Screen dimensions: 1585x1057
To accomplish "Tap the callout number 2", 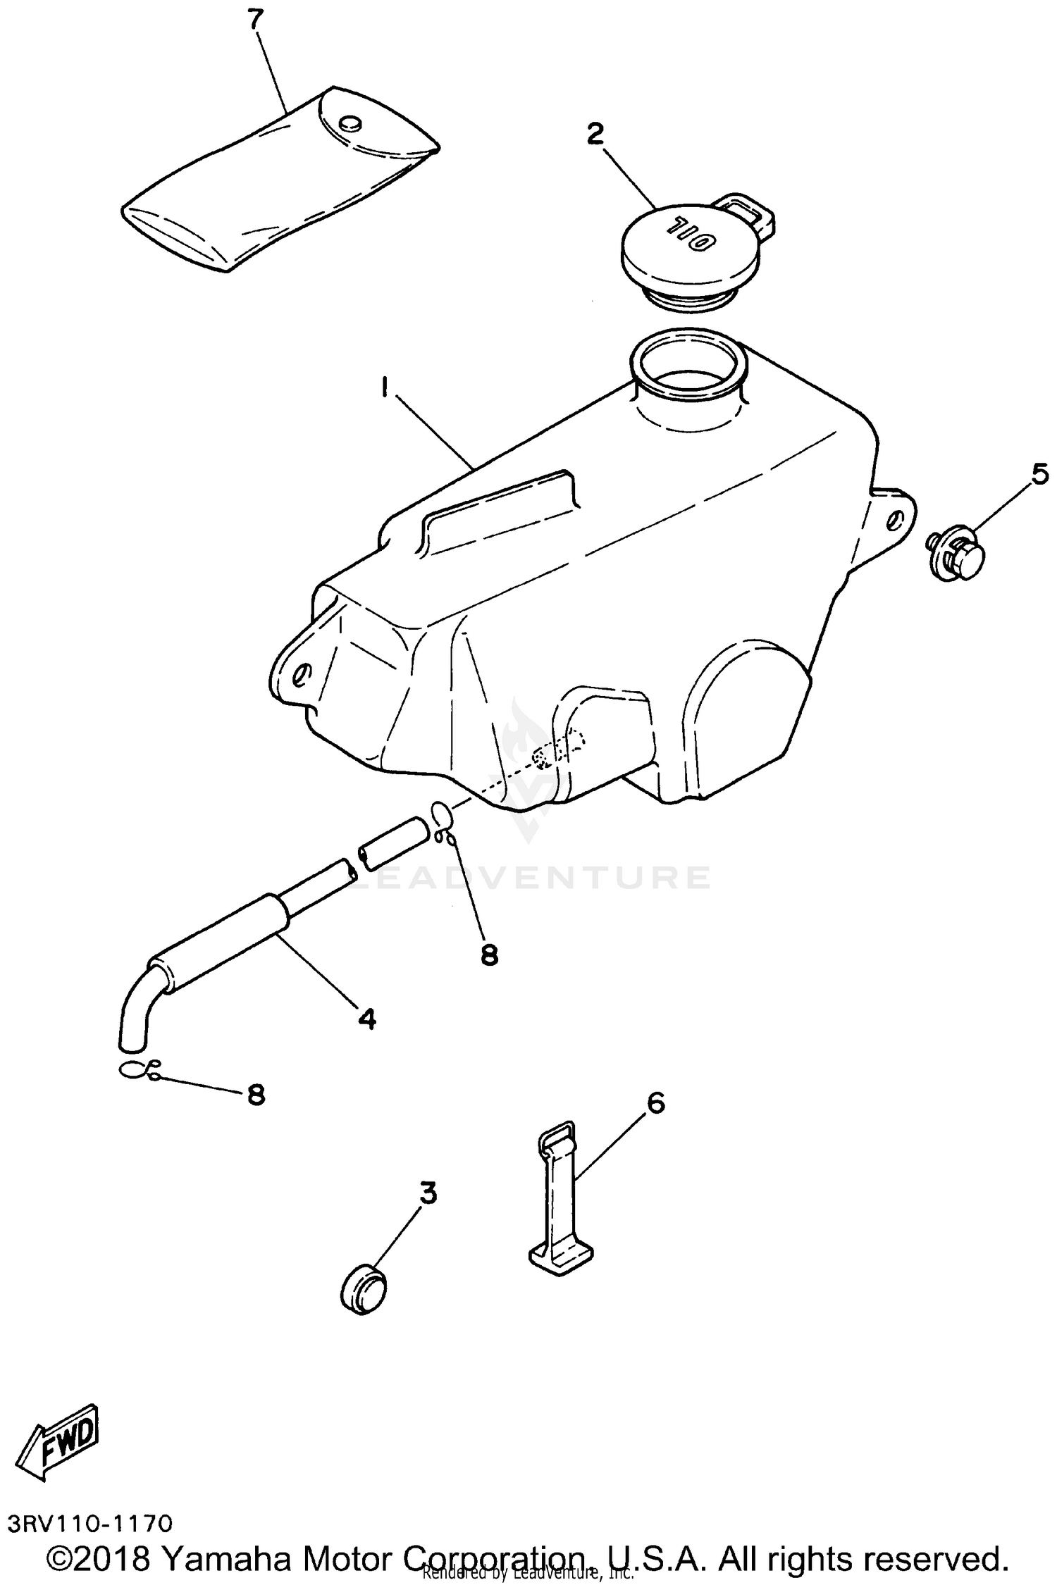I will pyautogui.click(x=595, y=134).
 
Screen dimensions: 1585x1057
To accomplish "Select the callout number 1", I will pyautogui.click(x=385, y=387).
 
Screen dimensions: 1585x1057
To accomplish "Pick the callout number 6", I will pyautogui.click(x=655, y=1103).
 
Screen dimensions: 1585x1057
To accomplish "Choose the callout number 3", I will pyautogui.click(x=428, y=1193).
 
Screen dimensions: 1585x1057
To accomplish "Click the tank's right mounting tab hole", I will pyautogui.click(x=894, y=521).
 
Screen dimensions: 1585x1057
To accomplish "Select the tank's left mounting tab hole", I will pyautogui.click(x=300, y=674).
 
